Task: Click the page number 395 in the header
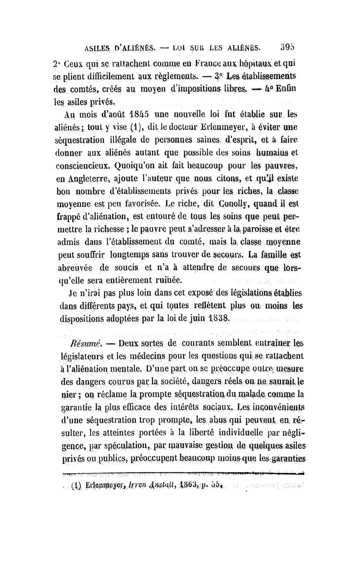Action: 286,46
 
